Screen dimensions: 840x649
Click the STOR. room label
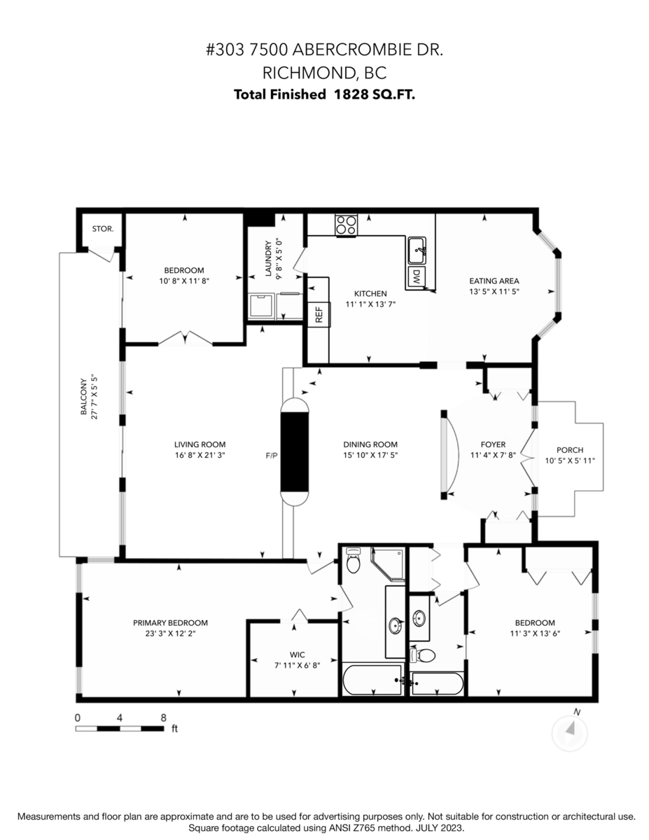tap(103, 229)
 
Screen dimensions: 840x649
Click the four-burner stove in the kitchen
tap(345, 225)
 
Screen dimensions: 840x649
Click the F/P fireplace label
tap(272, 456)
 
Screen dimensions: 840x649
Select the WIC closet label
tap(288, 655)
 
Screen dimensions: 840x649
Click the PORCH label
tap(569, 450)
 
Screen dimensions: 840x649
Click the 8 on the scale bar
tap(163, 717)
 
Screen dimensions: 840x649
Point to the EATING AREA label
tap(494, 281)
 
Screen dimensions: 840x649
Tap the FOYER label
tap(493, 444)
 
